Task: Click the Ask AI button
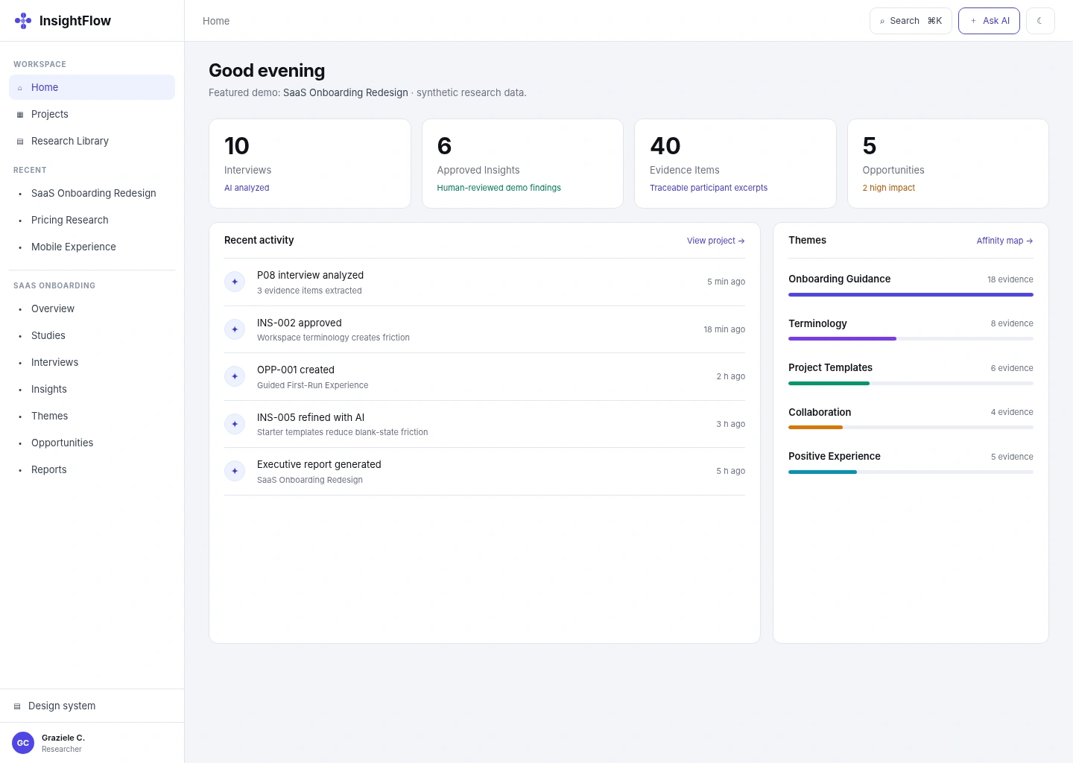pos(989,21)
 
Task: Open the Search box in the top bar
pos(911,21)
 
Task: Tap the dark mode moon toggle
pos(1040,21)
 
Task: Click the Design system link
pos(62,706)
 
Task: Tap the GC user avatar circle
pos(23,743)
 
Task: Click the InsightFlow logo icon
pos(23,21)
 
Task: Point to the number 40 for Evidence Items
pos(665,145)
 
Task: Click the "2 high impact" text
pos(888,188)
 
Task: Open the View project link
pos(715,241)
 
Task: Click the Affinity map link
pos(1004,241)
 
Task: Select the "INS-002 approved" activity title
pos(300,323)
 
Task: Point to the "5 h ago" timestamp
pos(730,471)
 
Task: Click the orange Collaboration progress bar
pos(815,427)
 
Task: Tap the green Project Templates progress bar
pos(829,383)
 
